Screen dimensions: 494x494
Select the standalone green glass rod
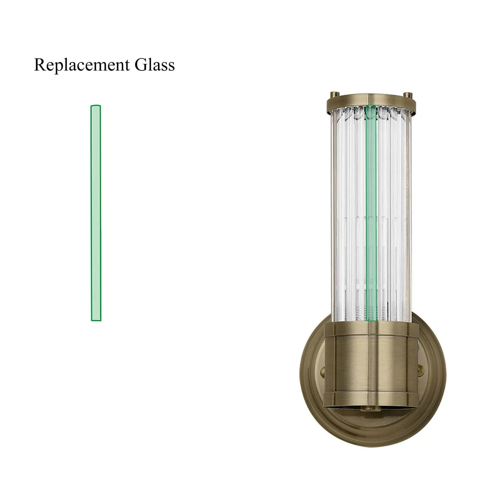96,213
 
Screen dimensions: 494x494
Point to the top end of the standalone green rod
96,107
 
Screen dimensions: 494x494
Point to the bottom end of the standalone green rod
96,319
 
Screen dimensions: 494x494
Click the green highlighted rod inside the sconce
371,206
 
